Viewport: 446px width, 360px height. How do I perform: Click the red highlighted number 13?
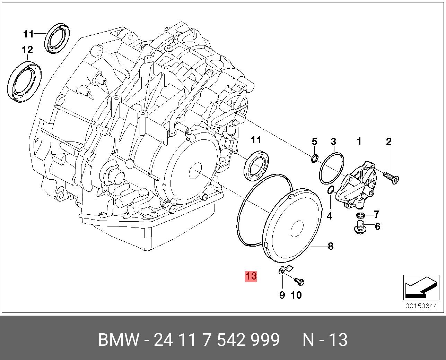click(x=251, y=276)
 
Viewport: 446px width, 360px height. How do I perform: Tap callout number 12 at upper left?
click(x=27, y=50)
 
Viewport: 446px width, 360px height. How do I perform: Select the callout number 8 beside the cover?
click(x=331, y=246)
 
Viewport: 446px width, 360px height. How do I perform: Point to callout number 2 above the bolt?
click(x=388, y=142)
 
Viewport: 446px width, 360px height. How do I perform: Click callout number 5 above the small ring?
click(x=314, y=142)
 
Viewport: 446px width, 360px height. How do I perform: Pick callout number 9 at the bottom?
click(x=282, y=295)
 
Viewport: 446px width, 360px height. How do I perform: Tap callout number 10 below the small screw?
click(x=296, y=295)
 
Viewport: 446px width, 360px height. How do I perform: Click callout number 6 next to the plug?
click(x=377, y=226)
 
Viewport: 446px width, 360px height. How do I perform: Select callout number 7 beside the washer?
click(x=376, y=214)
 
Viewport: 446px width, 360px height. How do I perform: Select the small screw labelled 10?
click(x=299, y=281)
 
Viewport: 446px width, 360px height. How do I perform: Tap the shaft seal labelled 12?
click(x=25, y=82)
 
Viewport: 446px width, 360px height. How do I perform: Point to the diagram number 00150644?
click(x=421, y=306)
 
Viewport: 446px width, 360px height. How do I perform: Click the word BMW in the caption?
click(x=119, y=340)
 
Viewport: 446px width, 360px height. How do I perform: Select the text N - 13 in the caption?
click(x=325, y=340)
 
